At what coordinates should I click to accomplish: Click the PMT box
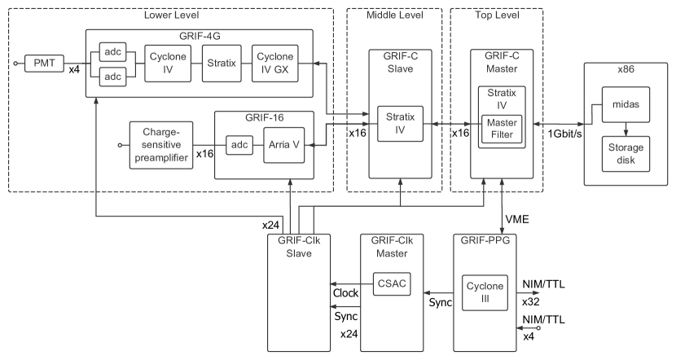click(38, 62)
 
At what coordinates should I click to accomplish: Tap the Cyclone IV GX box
click(274, 62)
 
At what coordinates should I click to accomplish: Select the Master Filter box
click(502, 127)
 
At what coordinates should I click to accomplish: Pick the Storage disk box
click(626, 152)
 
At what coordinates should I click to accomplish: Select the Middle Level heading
click(394, 15)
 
